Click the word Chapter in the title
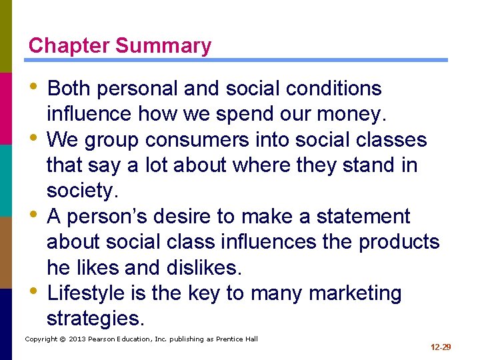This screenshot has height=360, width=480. point(69,46)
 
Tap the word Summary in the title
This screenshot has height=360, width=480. point(163,46)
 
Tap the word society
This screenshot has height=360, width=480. point(82,191)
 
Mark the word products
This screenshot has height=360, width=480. point(399,242)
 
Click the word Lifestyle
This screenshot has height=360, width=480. point(87,293)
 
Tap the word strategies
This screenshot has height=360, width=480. point(95,319)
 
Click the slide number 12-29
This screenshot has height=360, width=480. point(441,347)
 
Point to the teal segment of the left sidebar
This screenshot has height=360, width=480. point(6,180)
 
